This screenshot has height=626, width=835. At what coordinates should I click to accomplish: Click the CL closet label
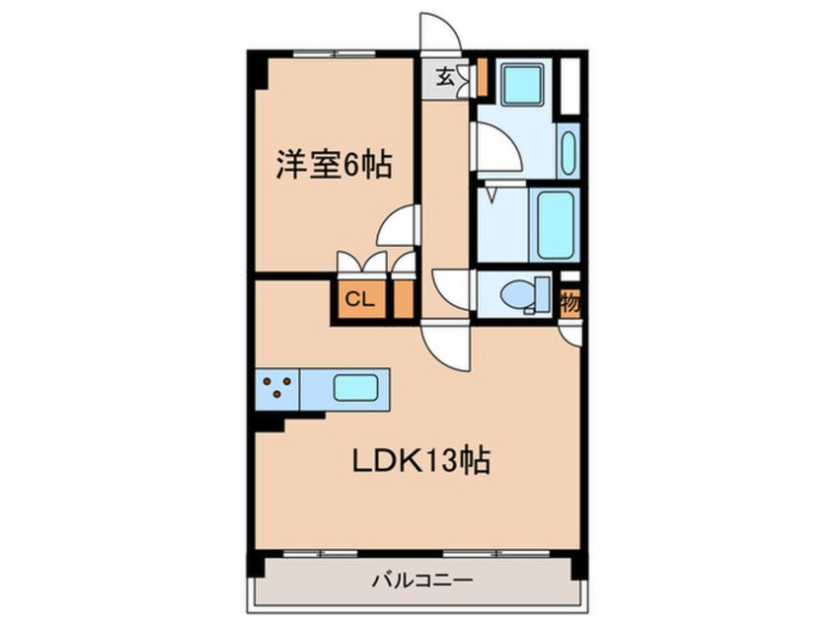pos(359,300)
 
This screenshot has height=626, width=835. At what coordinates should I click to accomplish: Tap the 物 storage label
pos(569,303)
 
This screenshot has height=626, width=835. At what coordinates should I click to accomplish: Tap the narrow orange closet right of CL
pos(403,300)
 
